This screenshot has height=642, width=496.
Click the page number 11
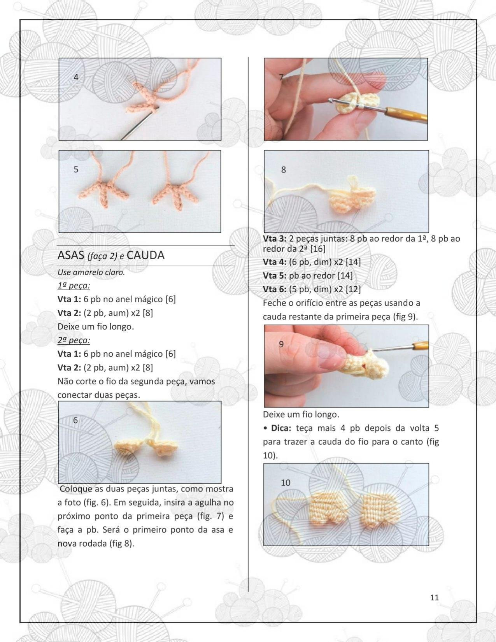[x=434, y=597]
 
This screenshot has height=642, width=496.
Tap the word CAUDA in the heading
[x=145, y=255]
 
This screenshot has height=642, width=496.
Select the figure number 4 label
[x=76, y=77]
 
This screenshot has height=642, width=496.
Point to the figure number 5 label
[x=76, y=169]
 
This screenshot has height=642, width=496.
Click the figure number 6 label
[x=75, y=420]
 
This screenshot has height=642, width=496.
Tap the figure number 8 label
[x=283, y=170]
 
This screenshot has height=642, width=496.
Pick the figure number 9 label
[x=281, y=344]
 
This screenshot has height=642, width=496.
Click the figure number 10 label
[x=286, y=482]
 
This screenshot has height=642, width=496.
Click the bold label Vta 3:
[x=275, y=239]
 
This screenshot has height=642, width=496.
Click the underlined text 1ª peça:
[x=74, y=286]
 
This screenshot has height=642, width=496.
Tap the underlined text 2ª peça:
[x=74, y=340]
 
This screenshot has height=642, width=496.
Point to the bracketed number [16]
[x=318, y=249]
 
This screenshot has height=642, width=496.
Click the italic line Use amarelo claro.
[x=91, y=272]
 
